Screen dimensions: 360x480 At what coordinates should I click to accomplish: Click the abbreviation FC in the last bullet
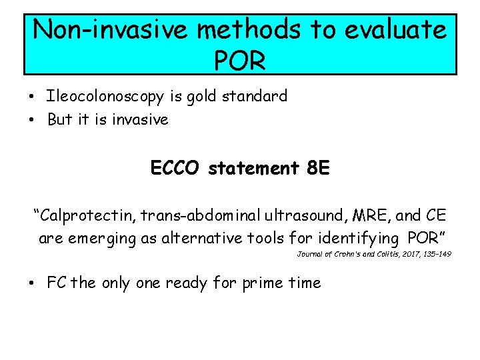57,283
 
